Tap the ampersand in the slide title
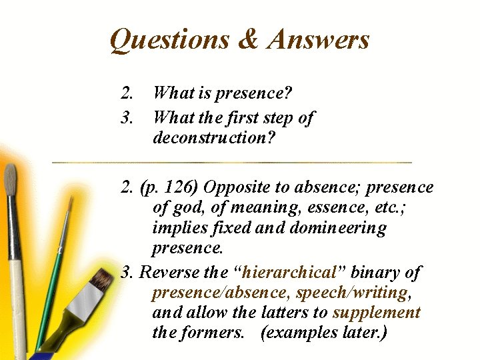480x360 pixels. click(x=247, y=39)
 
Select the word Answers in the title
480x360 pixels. click(x=317, y=40)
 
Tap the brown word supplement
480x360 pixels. click(x=376, y=313)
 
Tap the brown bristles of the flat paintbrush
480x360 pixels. click(x=99, y=280)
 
